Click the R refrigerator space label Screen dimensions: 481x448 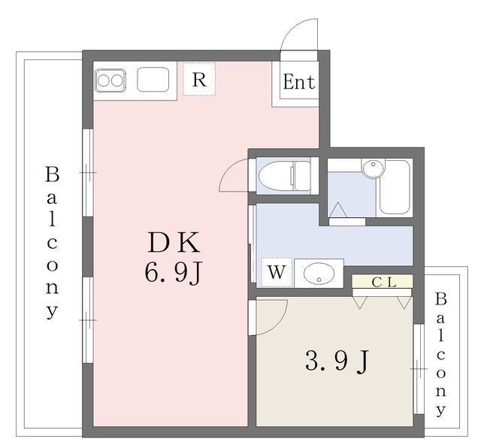coord(199,80)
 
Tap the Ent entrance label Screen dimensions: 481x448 coord(299,82)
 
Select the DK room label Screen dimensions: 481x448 coord(174,243)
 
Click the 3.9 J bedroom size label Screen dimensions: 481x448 coord(337,361)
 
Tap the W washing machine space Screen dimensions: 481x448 coord(277,272)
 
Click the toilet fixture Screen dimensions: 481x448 coord(284,176)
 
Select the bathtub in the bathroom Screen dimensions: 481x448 coord(395,186)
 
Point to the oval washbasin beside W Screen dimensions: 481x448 coord(319,273)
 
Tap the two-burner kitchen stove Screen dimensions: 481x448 coord(110,80)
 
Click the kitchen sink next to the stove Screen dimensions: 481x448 coord(153,80)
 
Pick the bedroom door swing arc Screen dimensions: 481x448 coord(280,323)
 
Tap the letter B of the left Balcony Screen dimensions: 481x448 coord(52,174)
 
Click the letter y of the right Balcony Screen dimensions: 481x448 coord(440,410)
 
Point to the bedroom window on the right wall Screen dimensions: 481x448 coord(419,369)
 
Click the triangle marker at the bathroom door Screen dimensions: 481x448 coord(337,210)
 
